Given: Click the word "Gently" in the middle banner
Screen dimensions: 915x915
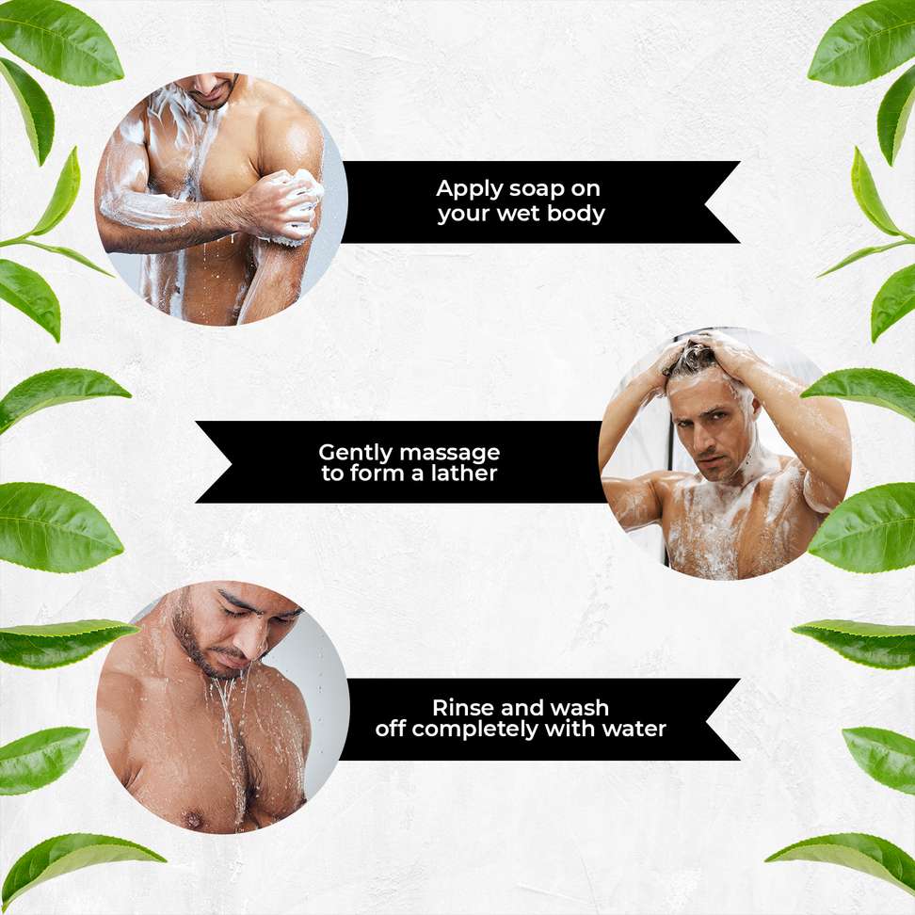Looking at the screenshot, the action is (x=356, y=454).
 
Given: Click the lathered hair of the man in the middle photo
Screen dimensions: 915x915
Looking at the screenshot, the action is (x=695, y=356).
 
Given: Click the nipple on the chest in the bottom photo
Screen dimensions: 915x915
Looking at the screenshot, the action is (x=192, y=819).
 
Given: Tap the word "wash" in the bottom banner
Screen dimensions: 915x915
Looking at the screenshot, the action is (x=580, y=708).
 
